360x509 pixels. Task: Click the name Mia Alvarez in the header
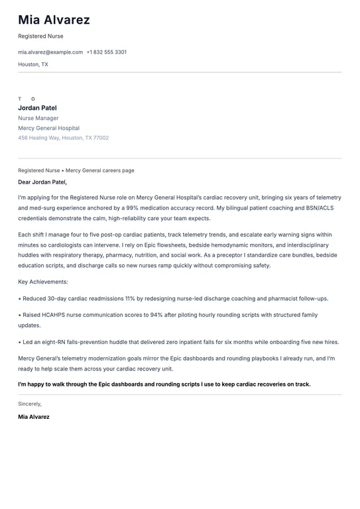click(54, 20)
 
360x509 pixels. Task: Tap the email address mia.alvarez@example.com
click(50, 52)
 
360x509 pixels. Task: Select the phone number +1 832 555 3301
click(107, 52)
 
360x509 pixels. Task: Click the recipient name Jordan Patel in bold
click(37, 108)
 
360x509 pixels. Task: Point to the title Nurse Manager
click(38, 118)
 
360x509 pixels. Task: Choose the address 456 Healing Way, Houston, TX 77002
click(64, 138)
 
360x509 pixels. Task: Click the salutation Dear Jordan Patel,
click(42, 182)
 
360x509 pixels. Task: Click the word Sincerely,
click(30, 404)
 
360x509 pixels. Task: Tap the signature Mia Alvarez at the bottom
click(34, 417)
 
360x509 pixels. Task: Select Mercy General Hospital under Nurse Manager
click(48, 128)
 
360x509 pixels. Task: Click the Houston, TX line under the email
click(33, 64)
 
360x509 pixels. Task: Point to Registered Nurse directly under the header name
click(40, 36)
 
